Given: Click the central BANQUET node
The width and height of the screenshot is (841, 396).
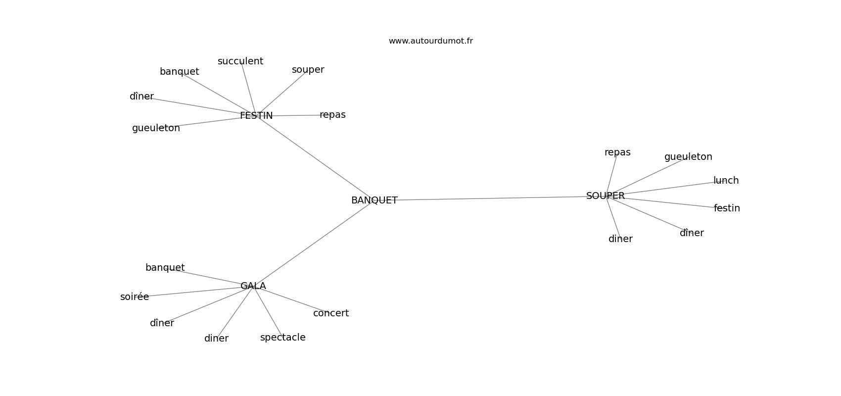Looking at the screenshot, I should [x=374, y=200].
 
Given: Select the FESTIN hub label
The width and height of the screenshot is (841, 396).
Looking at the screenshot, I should [x=256, y=116].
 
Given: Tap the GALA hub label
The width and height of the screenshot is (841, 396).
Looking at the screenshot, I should [x=253, y=286].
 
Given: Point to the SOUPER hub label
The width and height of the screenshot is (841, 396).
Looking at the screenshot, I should [x=605, y=196].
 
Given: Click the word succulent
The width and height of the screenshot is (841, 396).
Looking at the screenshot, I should [x=240, y=61].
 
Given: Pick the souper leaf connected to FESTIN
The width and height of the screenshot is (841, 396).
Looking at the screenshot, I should [x=308, y=70].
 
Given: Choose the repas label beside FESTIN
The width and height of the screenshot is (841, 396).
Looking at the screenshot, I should [x=332, y=115].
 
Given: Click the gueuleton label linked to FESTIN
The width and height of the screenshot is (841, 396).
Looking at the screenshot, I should [x=156, y=128].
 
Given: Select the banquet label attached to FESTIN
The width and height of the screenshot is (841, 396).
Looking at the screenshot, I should [x=179, y=72].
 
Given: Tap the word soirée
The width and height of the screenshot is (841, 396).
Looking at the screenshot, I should [x=134, y=297].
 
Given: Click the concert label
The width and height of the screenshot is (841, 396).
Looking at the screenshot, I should [x=330, y=313].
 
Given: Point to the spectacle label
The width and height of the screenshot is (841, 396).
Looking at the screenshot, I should [x=282, y=338].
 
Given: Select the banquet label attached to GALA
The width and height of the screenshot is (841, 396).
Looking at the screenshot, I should [x=165, y=268].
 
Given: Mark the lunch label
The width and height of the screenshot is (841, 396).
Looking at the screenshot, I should [x=726, y=181].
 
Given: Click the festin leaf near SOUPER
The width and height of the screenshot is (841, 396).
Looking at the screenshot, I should [x=727, y=208].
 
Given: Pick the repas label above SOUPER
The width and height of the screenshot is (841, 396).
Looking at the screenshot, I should [x=617, y=152].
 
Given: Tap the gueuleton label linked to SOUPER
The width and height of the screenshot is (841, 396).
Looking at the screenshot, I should [x=688, y=157].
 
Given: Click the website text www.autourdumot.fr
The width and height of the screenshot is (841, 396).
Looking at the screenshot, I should [x=430, y=41].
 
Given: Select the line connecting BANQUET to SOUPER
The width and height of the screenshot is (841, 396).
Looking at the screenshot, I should [x=490, y=198].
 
